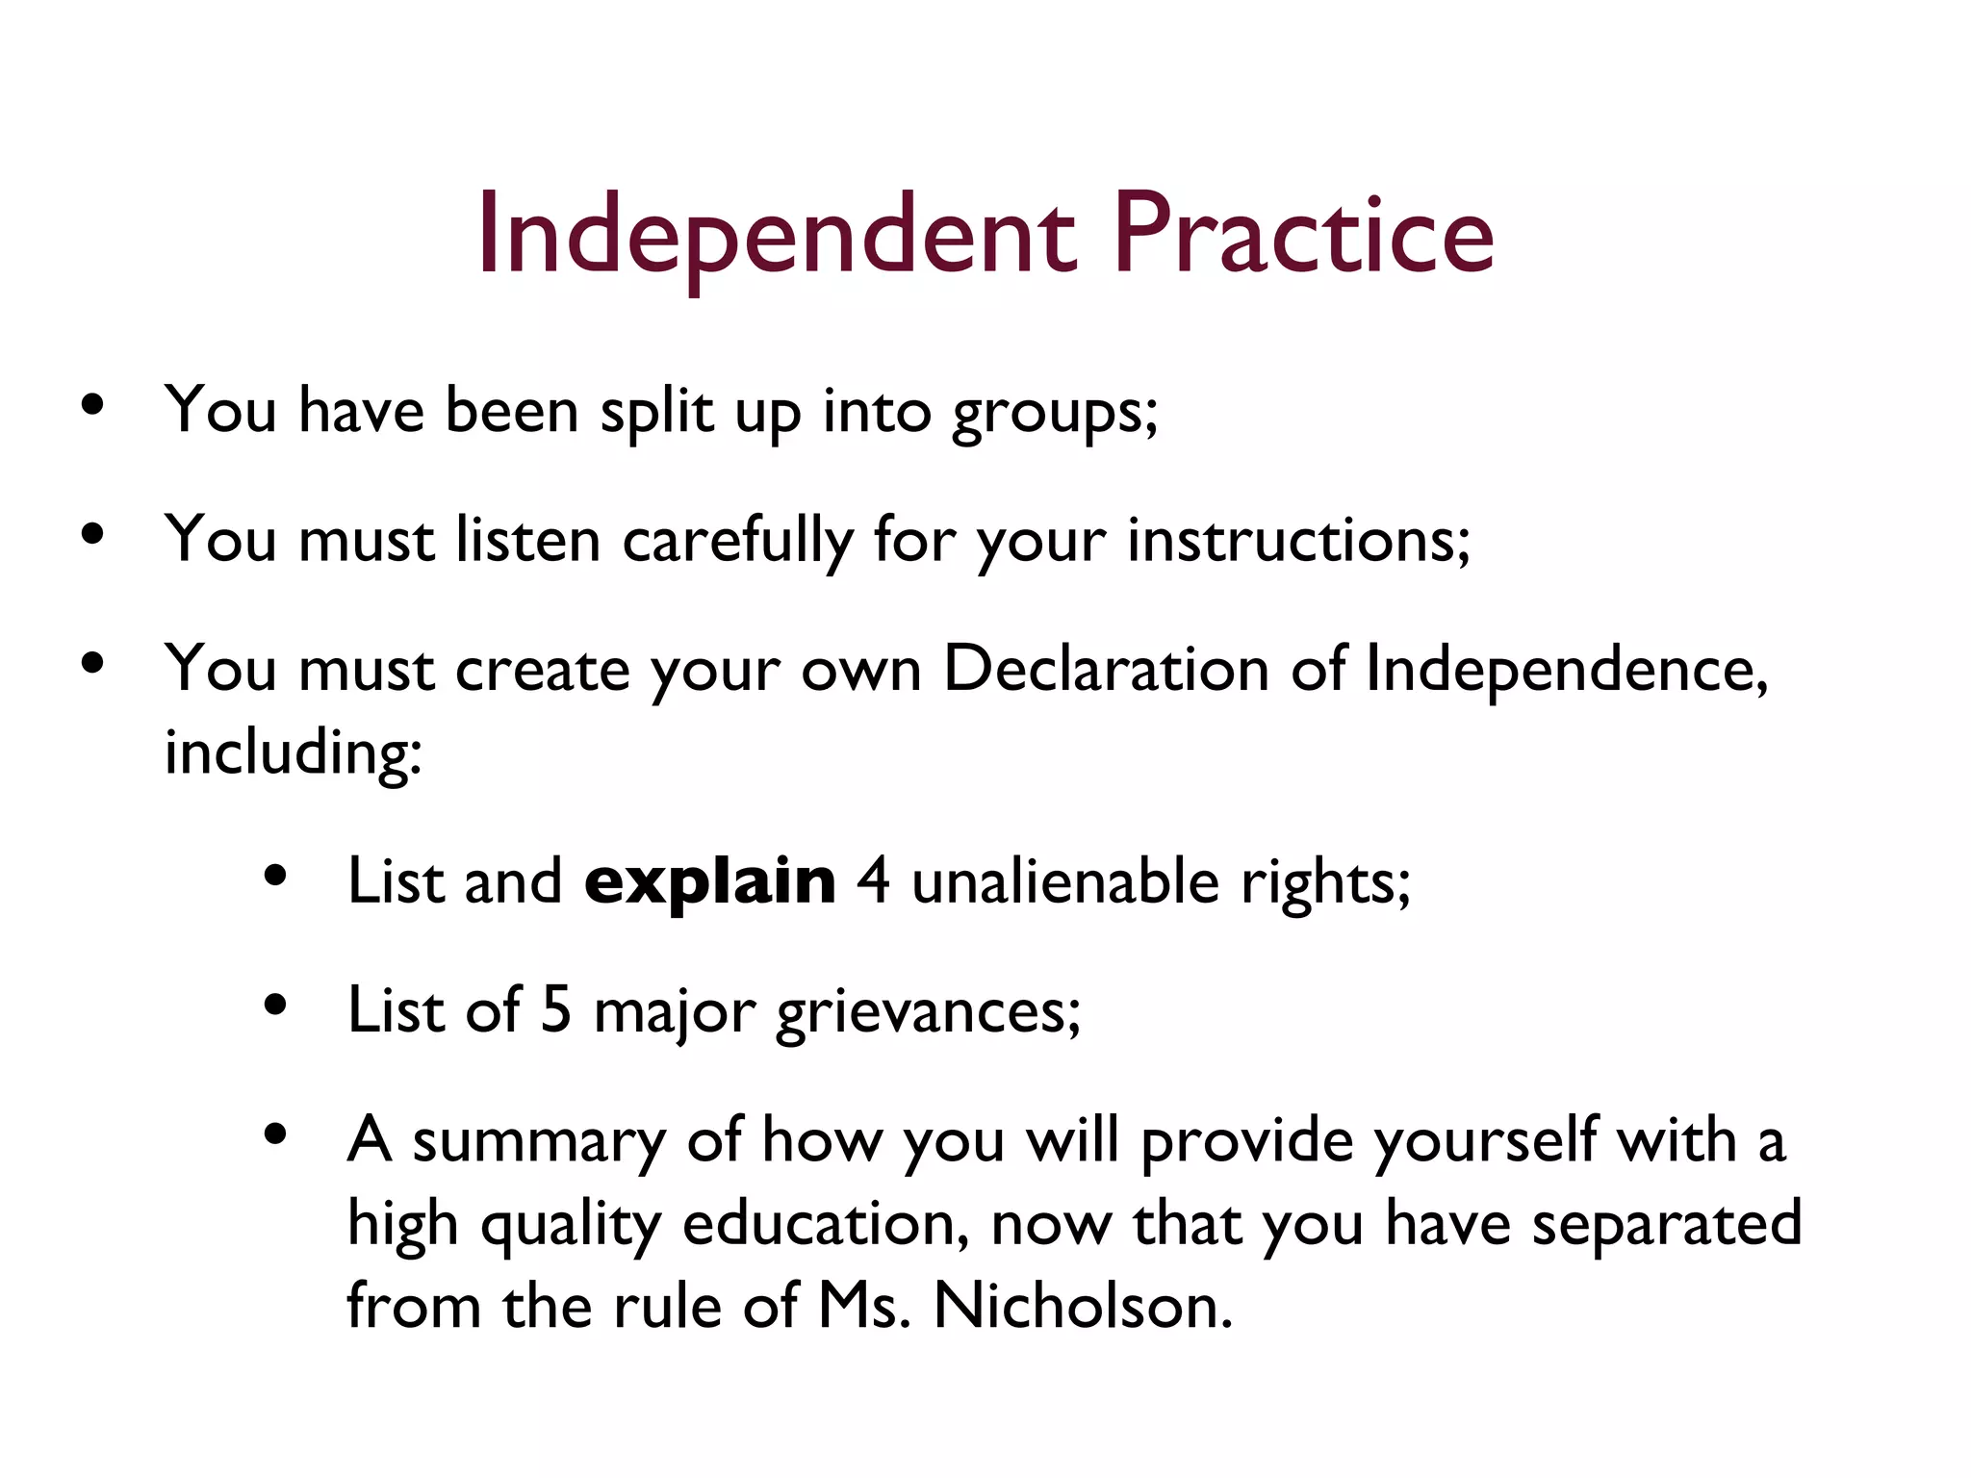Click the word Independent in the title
tap(776, 236)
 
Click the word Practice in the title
tap(1303, 236)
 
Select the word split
tap(656, 412)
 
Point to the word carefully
tap(737, 541)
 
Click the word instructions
tap(1297, 541)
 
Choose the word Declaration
tap(1106, 669)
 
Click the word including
tap(293, 752)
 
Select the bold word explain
tap(710, 882)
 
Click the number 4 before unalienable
tap(873, 881)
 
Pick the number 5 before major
tap(556, 1010)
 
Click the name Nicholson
tap(1083, 1307)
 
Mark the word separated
tap(1666, 1225)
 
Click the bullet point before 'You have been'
tap(92, 405)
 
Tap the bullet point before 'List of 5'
tap(275, 1006)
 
